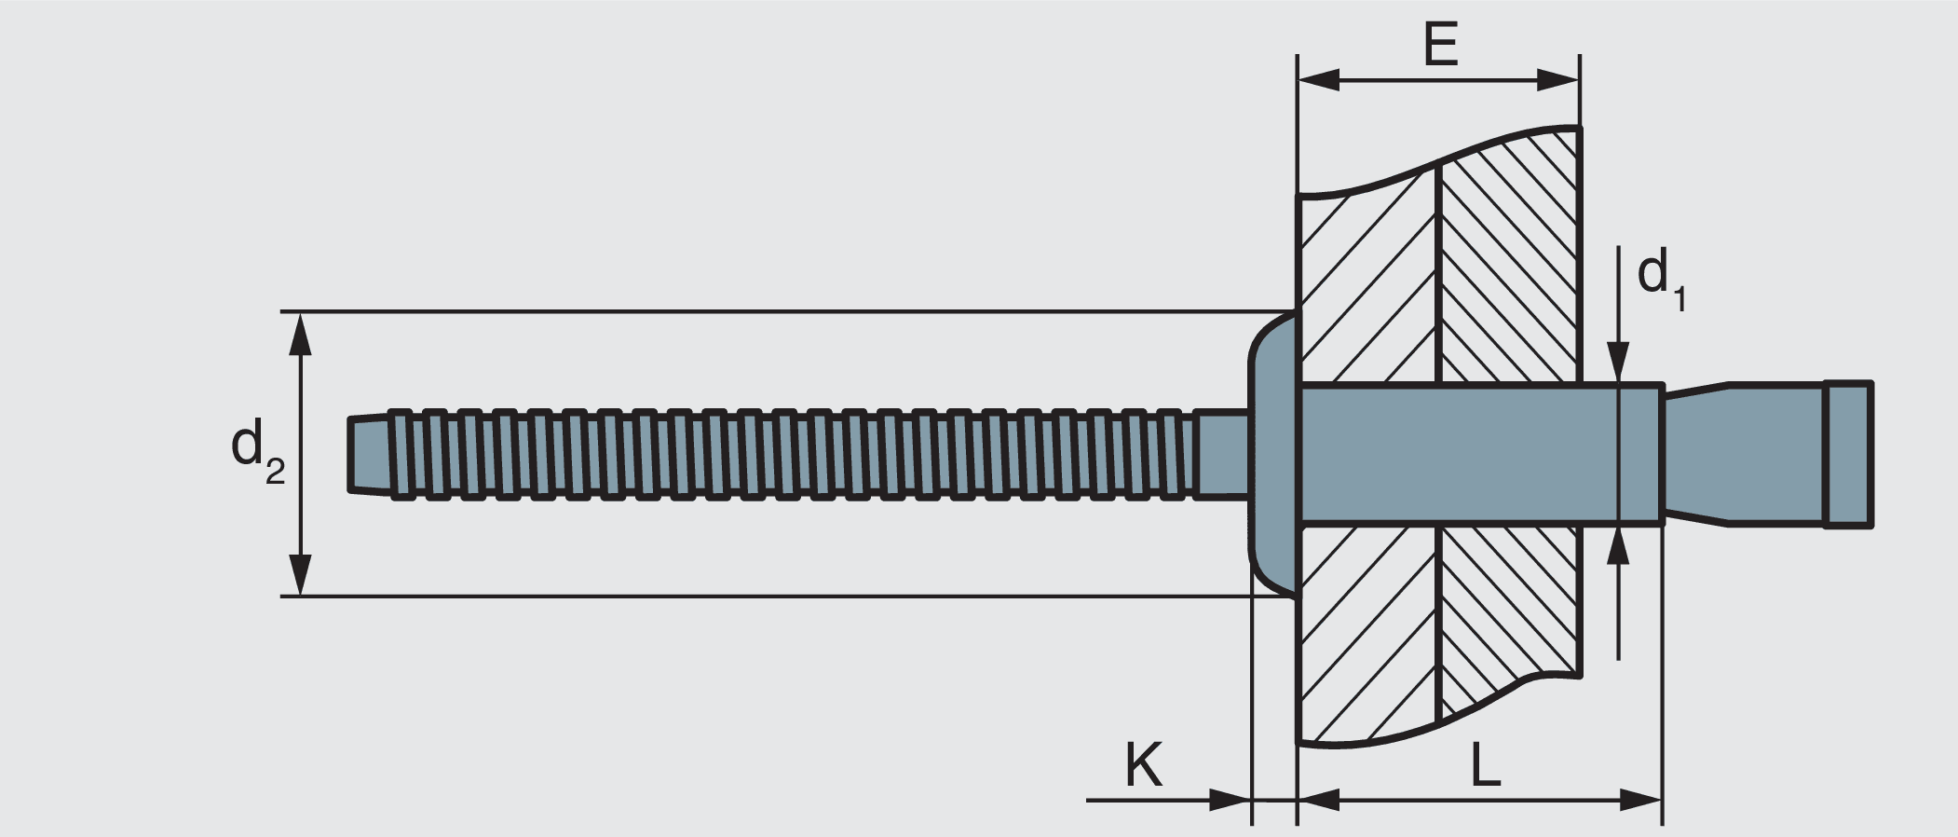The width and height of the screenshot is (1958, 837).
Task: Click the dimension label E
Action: [x=1440, y=46]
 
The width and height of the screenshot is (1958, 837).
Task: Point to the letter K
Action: [x=1143, y=765]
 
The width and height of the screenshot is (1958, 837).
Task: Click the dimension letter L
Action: [x=1485, y=766]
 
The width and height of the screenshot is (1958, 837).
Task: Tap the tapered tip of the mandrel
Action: [x=369, y=454]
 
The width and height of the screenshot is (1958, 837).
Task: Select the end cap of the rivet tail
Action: [x=1848, y=454]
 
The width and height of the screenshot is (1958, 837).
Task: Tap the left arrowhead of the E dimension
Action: [x=1319, y=80]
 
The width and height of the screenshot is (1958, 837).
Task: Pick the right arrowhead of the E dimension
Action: [x=1558, y=80]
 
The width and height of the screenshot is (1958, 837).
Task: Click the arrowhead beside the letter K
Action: [x=1229, y=800]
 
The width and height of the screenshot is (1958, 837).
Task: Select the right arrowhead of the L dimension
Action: [x=1641, y=800]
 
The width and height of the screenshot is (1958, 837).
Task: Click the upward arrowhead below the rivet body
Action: [x=1619, y=549]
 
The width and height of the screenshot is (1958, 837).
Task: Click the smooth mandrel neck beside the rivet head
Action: [x=1223, y=454]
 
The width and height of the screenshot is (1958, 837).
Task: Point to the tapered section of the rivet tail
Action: [x=1695, y=454]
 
